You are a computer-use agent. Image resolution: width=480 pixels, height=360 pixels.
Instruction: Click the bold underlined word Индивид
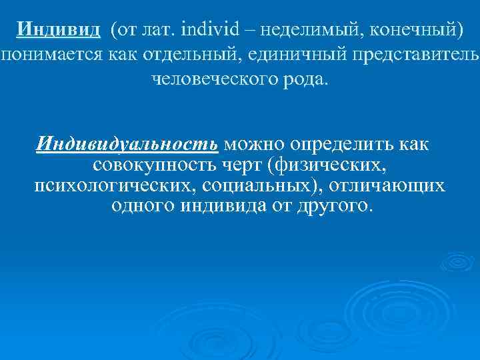coord(59,30)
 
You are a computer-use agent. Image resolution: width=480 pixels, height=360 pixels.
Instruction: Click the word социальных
coord(249,185)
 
